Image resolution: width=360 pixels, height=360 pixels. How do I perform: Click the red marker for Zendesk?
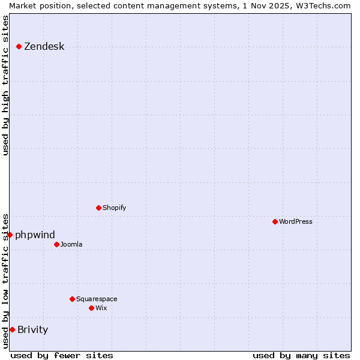click(x=19, y=46)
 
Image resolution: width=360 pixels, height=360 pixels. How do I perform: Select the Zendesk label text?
click(x=44, y=47)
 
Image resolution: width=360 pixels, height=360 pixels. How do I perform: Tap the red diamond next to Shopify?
click(x=98, y=208)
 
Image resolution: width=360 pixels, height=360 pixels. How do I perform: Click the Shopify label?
click(x=114, y=208)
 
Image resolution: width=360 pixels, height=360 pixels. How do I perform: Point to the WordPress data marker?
click(x=275, y=221)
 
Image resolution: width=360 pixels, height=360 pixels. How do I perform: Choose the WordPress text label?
click(x=295, y=221)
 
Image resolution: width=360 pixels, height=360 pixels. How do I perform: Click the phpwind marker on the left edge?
click(x=10, y=235)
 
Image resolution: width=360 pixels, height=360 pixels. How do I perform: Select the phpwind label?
click(x=35, y=235)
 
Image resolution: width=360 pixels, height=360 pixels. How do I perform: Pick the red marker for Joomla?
click(x=56, y=244)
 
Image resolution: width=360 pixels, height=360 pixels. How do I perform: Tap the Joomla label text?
click(x=71, y=244)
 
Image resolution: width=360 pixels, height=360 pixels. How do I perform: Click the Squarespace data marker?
click(x=72, y=299)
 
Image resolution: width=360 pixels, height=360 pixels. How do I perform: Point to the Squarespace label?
click(x=97, y=299)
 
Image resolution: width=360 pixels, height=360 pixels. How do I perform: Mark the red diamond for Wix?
click(x=91, y=308)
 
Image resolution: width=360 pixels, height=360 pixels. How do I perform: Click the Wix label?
click(x=101, y=308)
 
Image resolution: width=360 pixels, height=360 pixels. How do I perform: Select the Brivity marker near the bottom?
click(x=12, y=329)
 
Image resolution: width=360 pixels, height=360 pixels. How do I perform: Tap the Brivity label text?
click(x=32, y=329)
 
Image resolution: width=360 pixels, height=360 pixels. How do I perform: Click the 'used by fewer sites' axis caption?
click(x=62, y=355)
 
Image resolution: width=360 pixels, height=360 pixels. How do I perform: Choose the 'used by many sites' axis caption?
click(x=301, y=355)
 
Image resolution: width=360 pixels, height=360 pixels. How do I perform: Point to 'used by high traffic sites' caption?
click(x=5, y=85)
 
